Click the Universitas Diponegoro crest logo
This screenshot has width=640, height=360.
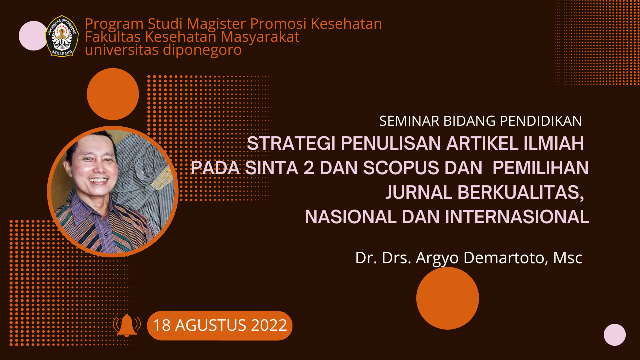(x=62, y=36)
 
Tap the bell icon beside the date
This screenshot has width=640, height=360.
(x=127, y=325)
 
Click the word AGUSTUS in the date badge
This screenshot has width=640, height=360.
(x=211, y=325)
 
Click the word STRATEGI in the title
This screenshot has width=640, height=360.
(x=291, y=143)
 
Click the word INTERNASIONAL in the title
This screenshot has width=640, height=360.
(x=517, y=217)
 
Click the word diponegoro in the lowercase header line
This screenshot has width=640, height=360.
(x=202, y=50)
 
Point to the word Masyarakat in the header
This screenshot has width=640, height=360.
(x=260, y=37)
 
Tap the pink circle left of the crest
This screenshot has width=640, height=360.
(x=33, y=36)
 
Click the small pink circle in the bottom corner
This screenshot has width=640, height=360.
(x=615, y=335)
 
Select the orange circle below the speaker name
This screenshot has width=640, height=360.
(x=447, y=298)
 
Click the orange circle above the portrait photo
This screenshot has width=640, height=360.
(x=113, y=94)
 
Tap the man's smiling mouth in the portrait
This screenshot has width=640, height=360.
(x=98, y=181)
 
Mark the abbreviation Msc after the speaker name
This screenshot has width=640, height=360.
(x=568, y=258)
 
